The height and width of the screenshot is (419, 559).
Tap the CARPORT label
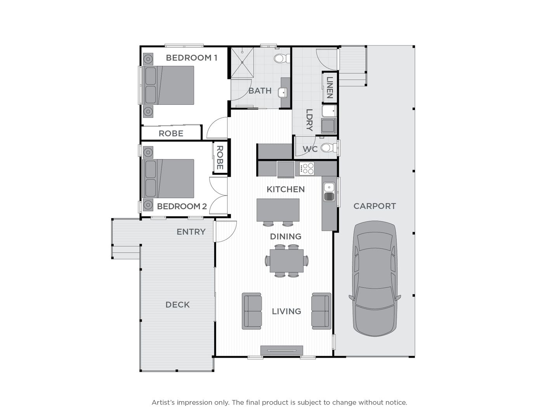point(375,206)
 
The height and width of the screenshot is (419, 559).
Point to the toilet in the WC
point(327,148)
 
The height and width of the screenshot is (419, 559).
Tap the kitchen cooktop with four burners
point(307,168)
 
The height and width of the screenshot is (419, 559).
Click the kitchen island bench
point(278,210)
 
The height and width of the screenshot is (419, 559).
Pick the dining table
point(286,261)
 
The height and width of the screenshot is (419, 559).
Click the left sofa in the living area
point(252,311)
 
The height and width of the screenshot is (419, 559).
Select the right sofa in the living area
point(321,311)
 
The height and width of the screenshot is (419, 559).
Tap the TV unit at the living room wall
point(281,350)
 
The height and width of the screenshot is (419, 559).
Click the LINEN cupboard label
point(330,87)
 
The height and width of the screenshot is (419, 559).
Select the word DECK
point(177,305)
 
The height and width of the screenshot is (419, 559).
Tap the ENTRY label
point(191,232)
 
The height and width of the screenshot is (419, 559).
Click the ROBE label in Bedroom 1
point(171,133)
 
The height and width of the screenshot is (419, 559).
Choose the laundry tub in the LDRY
point(328,126)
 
